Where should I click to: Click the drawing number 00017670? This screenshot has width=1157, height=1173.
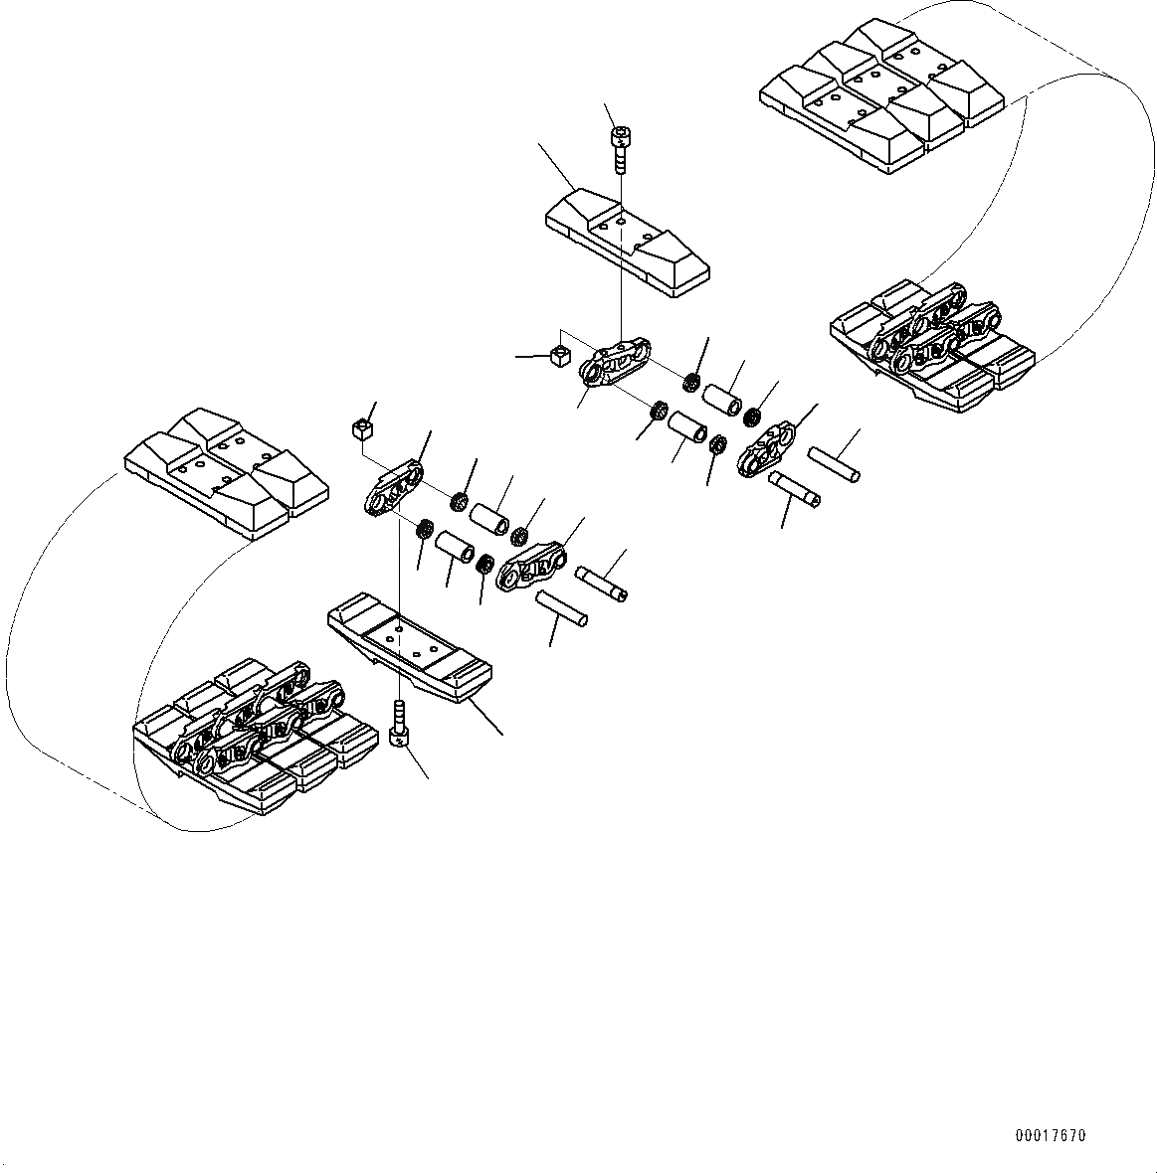tap(1051, 1135)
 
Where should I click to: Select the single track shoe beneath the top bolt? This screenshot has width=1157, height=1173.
tap(627, 243)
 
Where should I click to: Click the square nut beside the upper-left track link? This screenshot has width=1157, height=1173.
tap(560, 355)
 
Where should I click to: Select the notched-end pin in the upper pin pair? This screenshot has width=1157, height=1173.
tap(793, 488)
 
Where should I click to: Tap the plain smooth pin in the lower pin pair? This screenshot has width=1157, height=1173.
tap(561, 607)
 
